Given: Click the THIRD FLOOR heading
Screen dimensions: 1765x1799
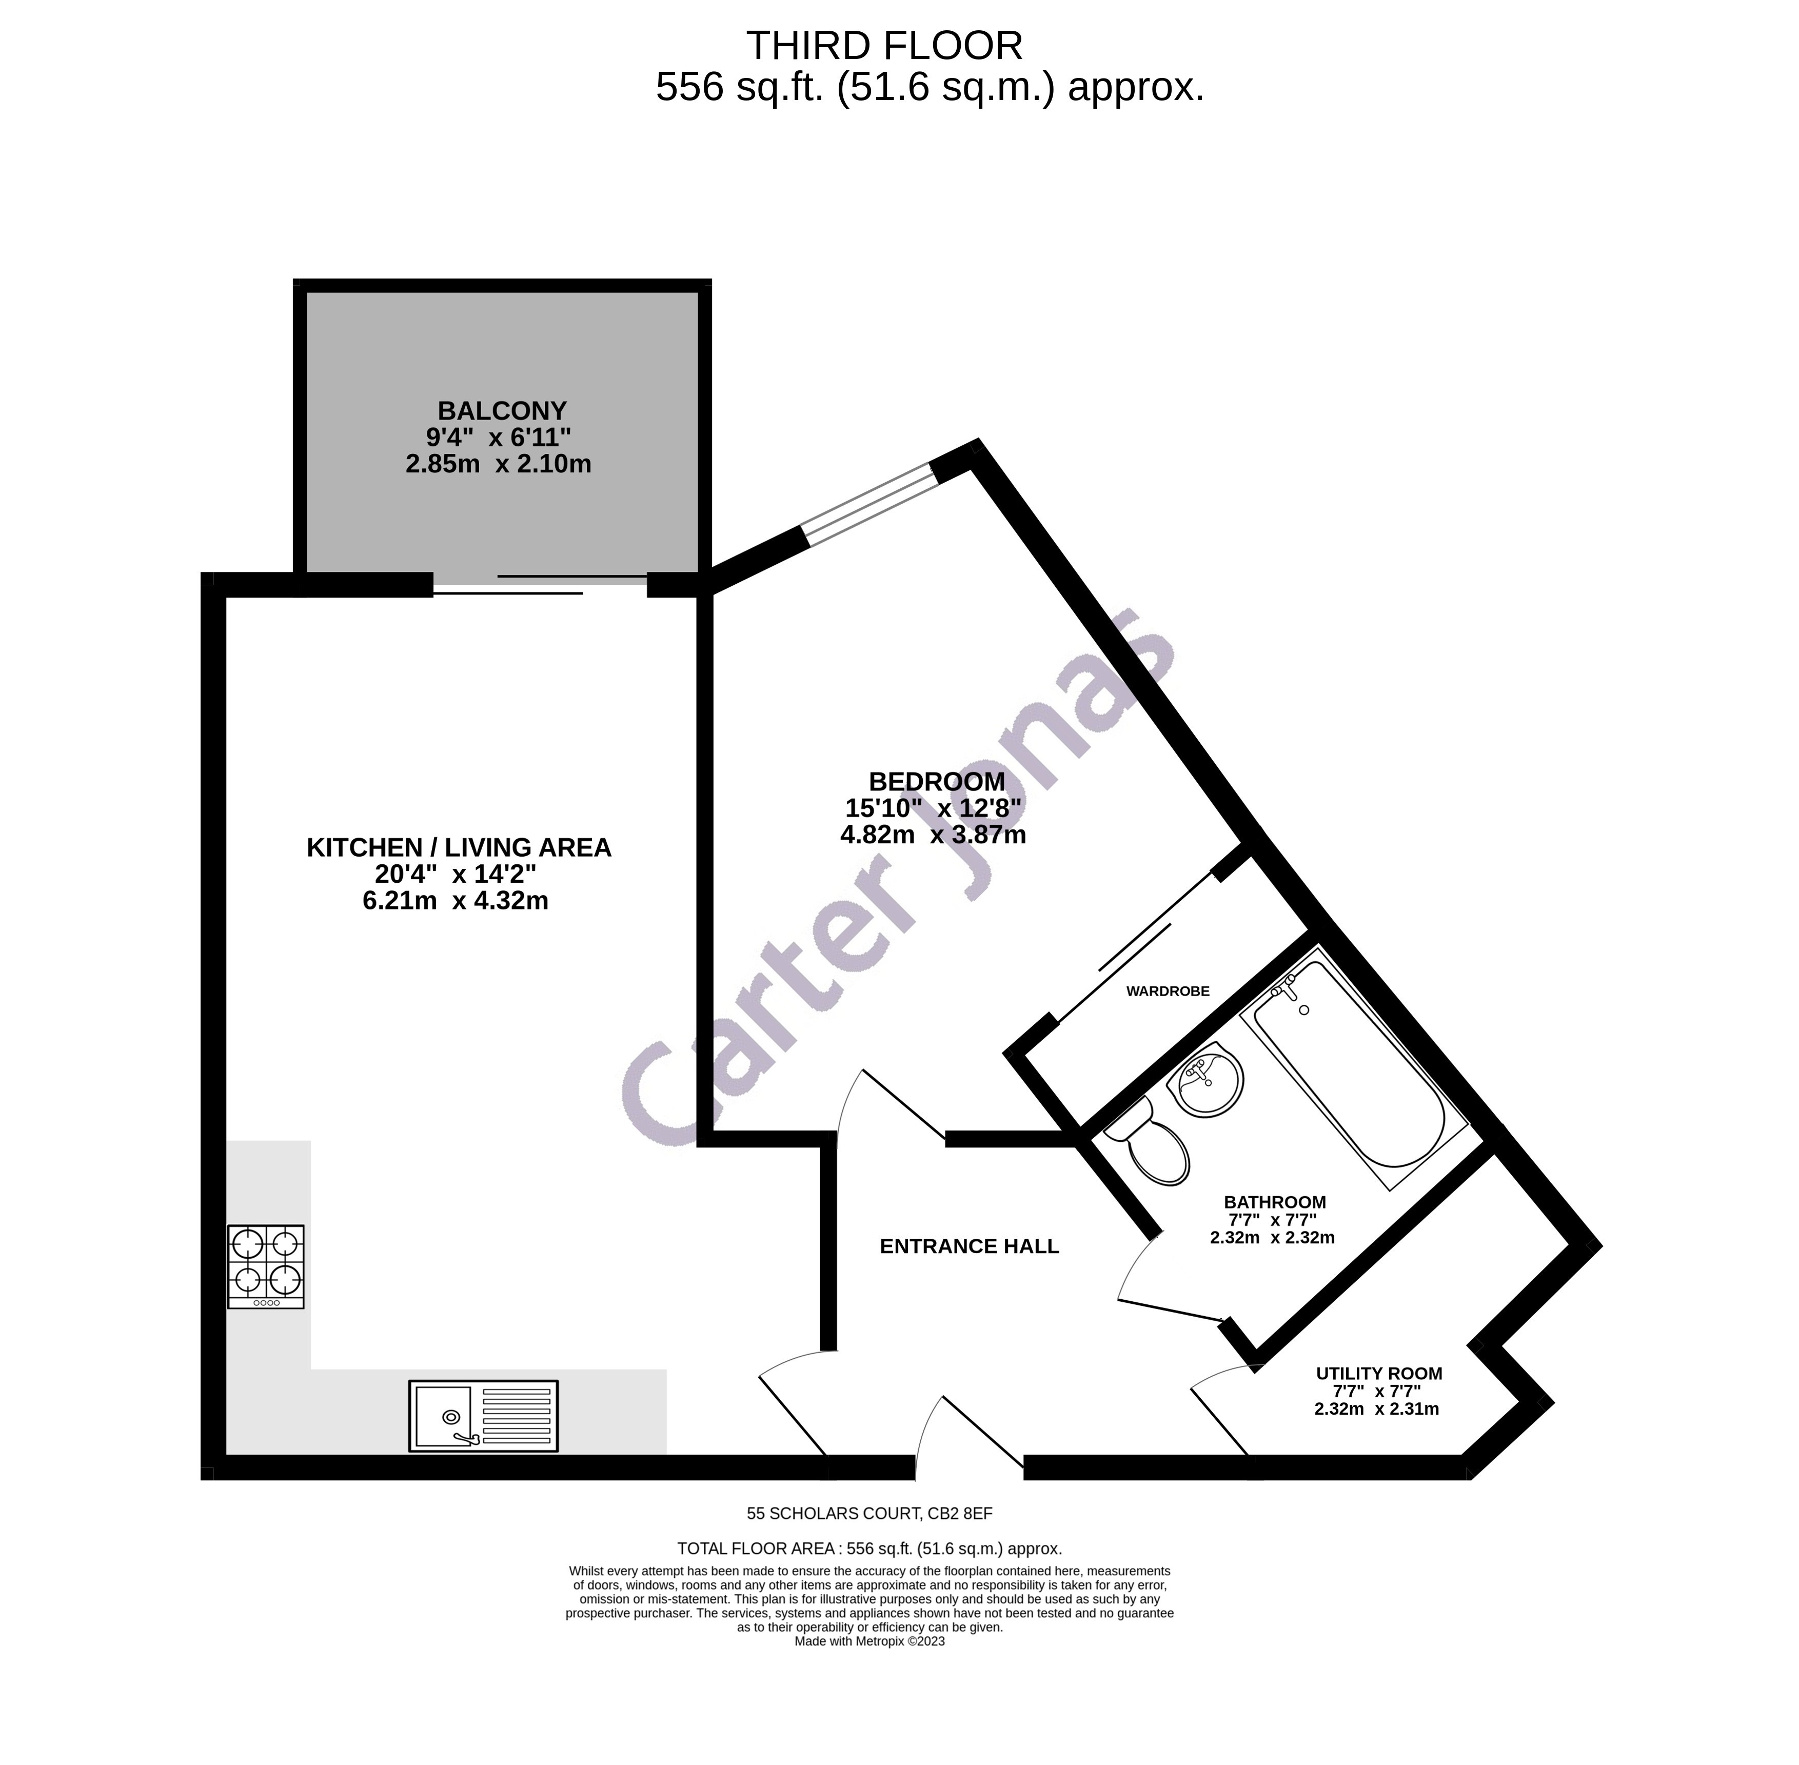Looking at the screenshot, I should tap(884, 46).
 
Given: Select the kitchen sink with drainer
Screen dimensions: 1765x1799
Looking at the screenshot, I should tap(483, 1416).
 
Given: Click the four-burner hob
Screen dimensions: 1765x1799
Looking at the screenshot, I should tap(266, 1265).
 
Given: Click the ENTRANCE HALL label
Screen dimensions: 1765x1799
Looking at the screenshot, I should tap(968, 1246).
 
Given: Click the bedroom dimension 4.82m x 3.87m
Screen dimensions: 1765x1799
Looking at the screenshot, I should tap(933, 835).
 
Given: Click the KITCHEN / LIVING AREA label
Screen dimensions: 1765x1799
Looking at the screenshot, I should tap(459, 847).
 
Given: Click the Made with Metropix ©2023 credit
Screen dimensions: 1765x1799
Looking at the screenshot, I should tap(869, 1641).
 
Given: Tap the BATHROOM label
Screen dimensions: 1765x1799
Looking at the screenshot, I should tap(1274, 1202).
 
